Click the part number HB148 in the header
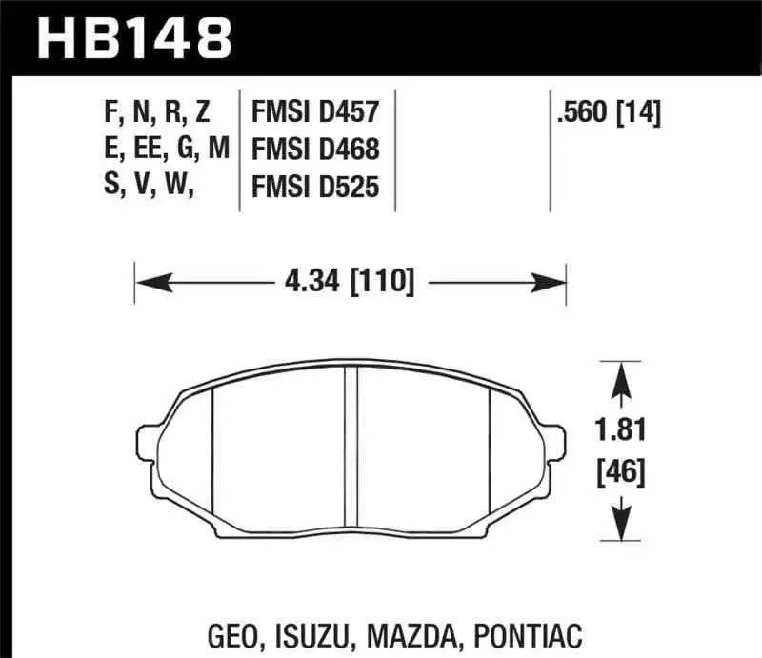[x=133, y=38]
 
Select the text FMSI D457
[x=315, y=114]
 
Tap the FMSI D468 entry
[x=315, y=150]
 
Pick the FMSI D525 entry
[x=315, y=188]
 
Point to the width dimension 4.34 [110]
[x=351, y=282]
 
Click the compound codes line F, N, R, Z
[x=158, y=114]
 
